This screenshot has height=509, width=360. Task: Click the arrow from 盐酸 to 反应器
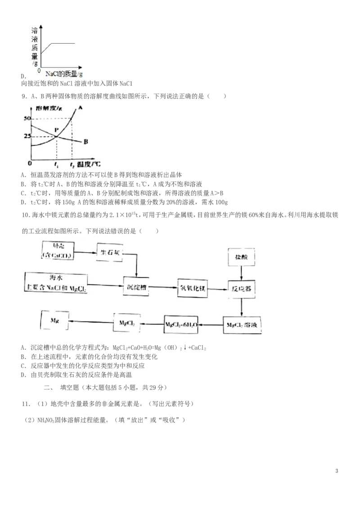(x=242, y=272)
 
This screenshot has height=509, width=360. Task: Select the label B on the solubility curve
(x=85, y=142)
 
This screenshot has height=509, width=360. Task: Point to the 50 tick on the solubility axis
(x=26, y=118)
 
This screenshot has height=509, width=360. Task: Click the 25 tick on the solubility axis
(x=26, y=135)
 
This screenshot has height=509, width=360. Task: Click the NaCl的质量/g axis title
(x=64, y=73)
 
